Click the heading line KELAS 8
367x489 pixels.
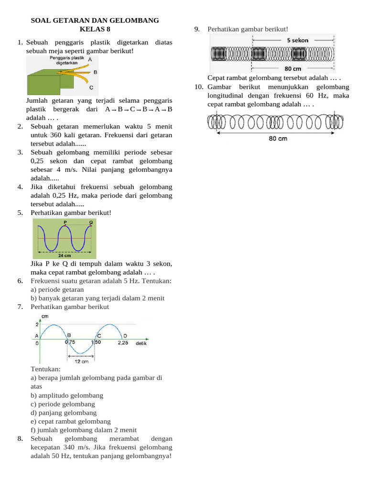(95, 29)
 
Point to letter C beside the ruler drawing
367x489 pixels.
(91, 88)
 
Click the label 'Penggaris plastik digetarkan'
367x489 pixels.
(67, 60)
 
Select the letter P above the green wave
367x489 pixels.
(65, 223)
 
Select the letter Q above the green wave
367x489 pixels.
(91, 223)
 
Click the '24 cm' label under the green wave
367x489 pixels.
(65, 255)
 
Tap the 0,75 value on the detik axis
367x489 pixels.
(70, 342)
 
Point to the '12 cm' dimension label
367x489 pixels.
(82, 361)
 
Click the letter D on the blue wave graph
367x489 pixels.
(125, 335)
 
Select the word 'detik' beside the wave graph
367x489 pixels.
(141, 343)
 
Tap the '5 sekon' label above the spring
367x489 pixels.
(298, 41)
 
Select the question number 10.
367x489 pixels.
(199, 87)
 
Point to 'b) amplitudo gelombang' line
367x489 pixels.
(67, 395)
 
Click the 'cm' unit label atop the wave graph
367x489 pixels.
(45, 317)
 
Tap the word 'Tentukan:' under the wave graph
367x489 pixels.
(46, 369)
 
